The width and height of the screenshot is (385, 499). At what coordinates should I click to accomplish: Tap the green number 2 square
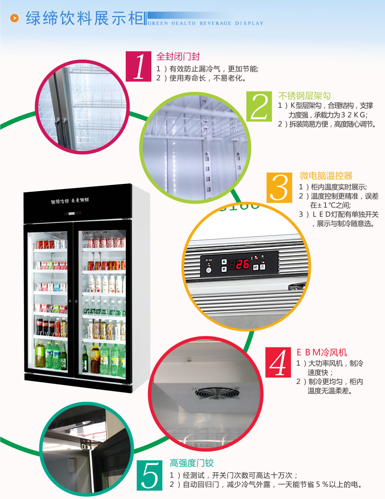(x=259, y=107)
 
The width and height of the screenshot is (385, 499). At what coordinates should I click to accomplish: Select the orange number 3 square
(x=279, y=187)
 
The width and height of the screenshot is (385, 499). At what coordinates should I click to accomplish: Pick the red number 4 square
(x=278, y=363)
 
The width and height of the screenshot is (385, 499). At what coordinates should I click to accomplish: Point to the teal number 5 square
(x=149, y=475)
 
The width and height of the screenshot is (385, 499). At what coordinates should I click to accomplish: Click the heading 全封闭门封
(x=178, y=57)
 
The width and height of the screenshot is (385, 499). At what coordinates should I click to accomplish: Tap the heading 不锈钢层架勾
(x=304, y=96)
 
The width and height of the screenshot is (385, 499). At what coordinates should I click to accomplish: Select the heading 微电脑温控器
(x=326, y=176)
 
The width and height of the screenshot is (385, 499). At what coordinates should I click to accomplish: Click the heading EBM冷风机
(x=322, y=352)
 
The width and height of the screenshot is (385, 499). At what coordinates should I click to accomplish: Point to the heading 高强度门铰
(x=191, y=463)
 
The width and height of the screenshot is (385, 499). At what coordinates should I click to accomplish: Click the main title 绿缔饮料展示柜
(x=85, y=18)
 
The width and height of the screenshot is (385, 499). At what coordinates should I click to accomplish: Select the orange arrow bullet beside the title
(x=14, y=18)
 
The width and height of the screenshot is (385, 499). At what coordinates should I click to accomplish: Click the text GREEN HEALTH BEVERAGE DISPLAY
(x=205, y=23)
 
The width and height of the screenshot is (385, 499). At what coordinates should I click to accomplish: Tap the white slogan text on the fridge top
(x=70, y=201)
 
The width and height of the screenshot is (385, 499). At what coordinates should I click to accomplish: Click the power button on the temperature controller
(x=209, y=270)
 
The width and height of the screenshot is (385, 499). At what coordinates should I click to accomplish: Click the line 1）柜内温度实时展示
(x=333, y=187)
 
